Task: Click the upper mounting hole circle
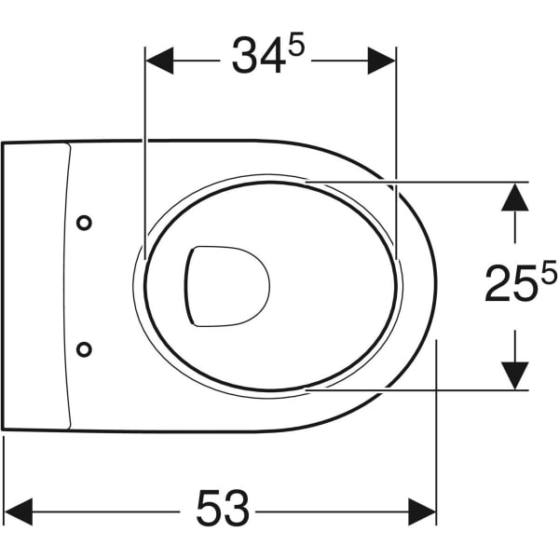point(84,224)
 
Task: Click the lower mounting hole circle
point(84,349)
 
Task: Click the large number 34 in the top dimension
point(259,56)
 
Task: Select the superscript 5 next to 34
point(296,44)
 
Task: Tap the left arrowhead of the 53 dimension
point(19,511)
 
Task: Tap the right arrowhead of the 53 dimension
point(422,511)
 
